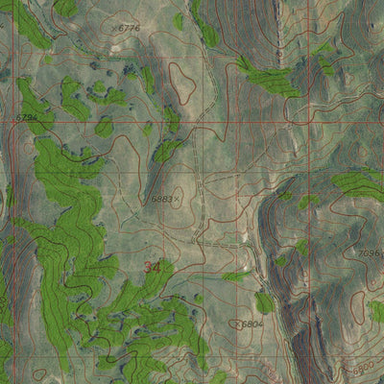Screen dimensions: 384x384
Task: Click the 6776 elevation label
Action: pyautogui.click(x=129, y=28)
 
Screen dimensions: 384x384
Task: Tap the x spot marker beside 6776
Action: pyautogui.click(x=114, y=29)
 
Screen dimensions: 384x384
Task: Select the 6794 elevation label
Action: pyautogui.click(x=28, y=117)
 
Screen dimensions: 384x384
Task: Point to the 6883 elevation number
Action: pyautogui.click(x=161, y=199)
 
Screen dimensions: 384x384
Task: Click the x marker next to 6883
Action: pyautogui.click(x=178, y=199)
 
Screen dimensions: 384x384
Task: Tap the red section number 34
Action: pyautogui.click(x=152, y=267)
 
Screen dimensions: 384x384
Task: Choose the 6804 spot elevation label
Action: pyautogui.click(x=252, y=324)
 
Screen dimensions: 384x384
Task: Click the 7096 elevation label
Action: pyautogui.click(x=370, y=252)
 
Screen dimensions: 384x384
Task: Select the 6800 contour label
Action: pyautogui.click(x=364, y=369)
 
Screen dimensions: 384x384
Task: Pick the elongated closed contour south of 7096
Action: pyautogui.click(x=358, y=306)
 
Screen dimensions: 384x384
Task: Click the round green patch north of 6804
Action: pyautogui.click(x=264, y=302)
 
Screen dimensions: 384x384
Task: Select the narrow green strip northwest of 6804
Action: pyautogui.click(x=236, y=276)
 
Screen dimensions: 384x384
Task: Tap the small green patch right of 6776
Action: pyautogui.click(x=179, y=21)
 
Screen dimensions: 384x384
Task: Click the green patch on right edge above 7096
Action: pyautogui.click(x=360, y=182)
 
